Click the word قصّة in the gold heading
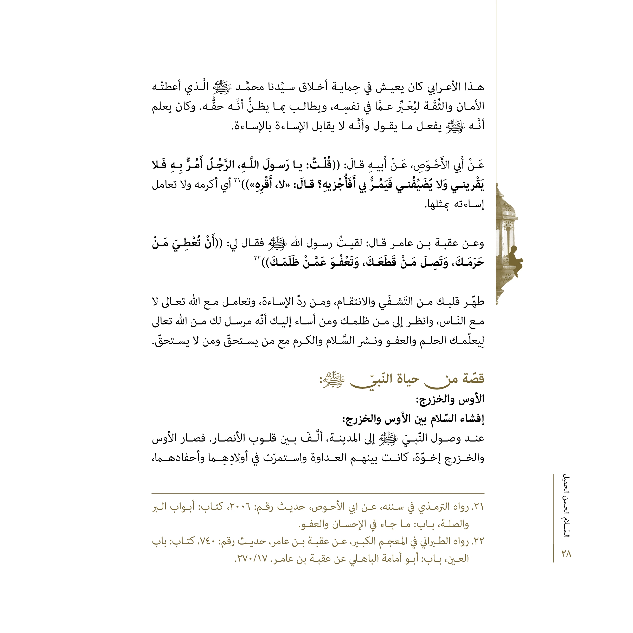click(472, 379)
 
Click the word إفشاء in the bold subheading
click(471, 419)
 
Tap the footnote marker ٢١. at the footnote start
click(478, 507)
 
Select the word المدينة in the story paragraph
click(342, 438)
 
